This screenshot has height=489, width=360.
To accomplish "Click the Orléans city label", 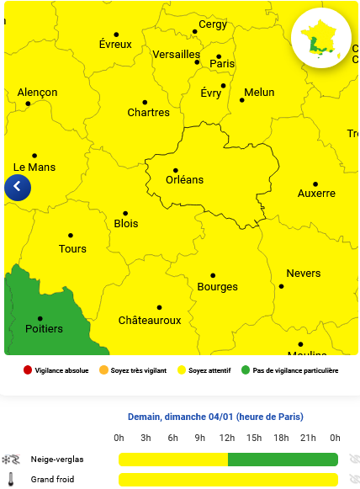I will tap(184, 180).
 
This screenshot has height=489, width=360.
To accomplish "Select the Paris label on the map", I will tap(222, 64).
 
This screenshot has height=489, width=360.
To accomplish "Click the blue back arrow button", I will tap(17, 187).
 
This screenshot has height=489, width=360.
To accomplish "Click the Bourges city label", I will tap(217, 287).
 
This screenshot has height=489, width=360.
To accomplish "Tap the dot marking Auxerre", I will tap(315, 183).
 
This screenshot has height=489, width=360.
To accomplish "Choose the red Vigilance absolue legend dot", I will tap(28, 370).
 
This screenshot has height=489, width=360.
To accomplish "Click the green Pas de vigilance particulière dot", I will tap(246, 370).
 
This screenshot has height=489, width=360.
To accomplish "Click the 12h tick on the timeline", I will tap(226, 438).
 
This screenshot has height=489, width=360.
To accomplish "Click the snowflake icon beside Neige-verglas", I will tap(11, 460).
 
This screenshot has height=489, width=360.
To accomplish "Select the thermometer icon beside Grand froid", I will tap(11, 480).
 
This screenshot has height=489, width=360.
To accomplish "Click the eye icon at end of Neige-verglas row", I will tap(355, 460).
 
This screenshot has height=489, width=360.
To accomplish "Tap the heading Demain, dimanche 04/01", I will tap(215, 417).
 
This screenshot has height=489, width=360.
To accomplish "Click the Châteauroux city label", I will tap(150, 321).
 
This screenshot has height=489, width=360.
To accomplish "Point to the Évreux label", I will tap(115, 45).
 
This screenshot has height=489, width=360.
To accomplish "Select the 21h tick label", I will tap(308, 438).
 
